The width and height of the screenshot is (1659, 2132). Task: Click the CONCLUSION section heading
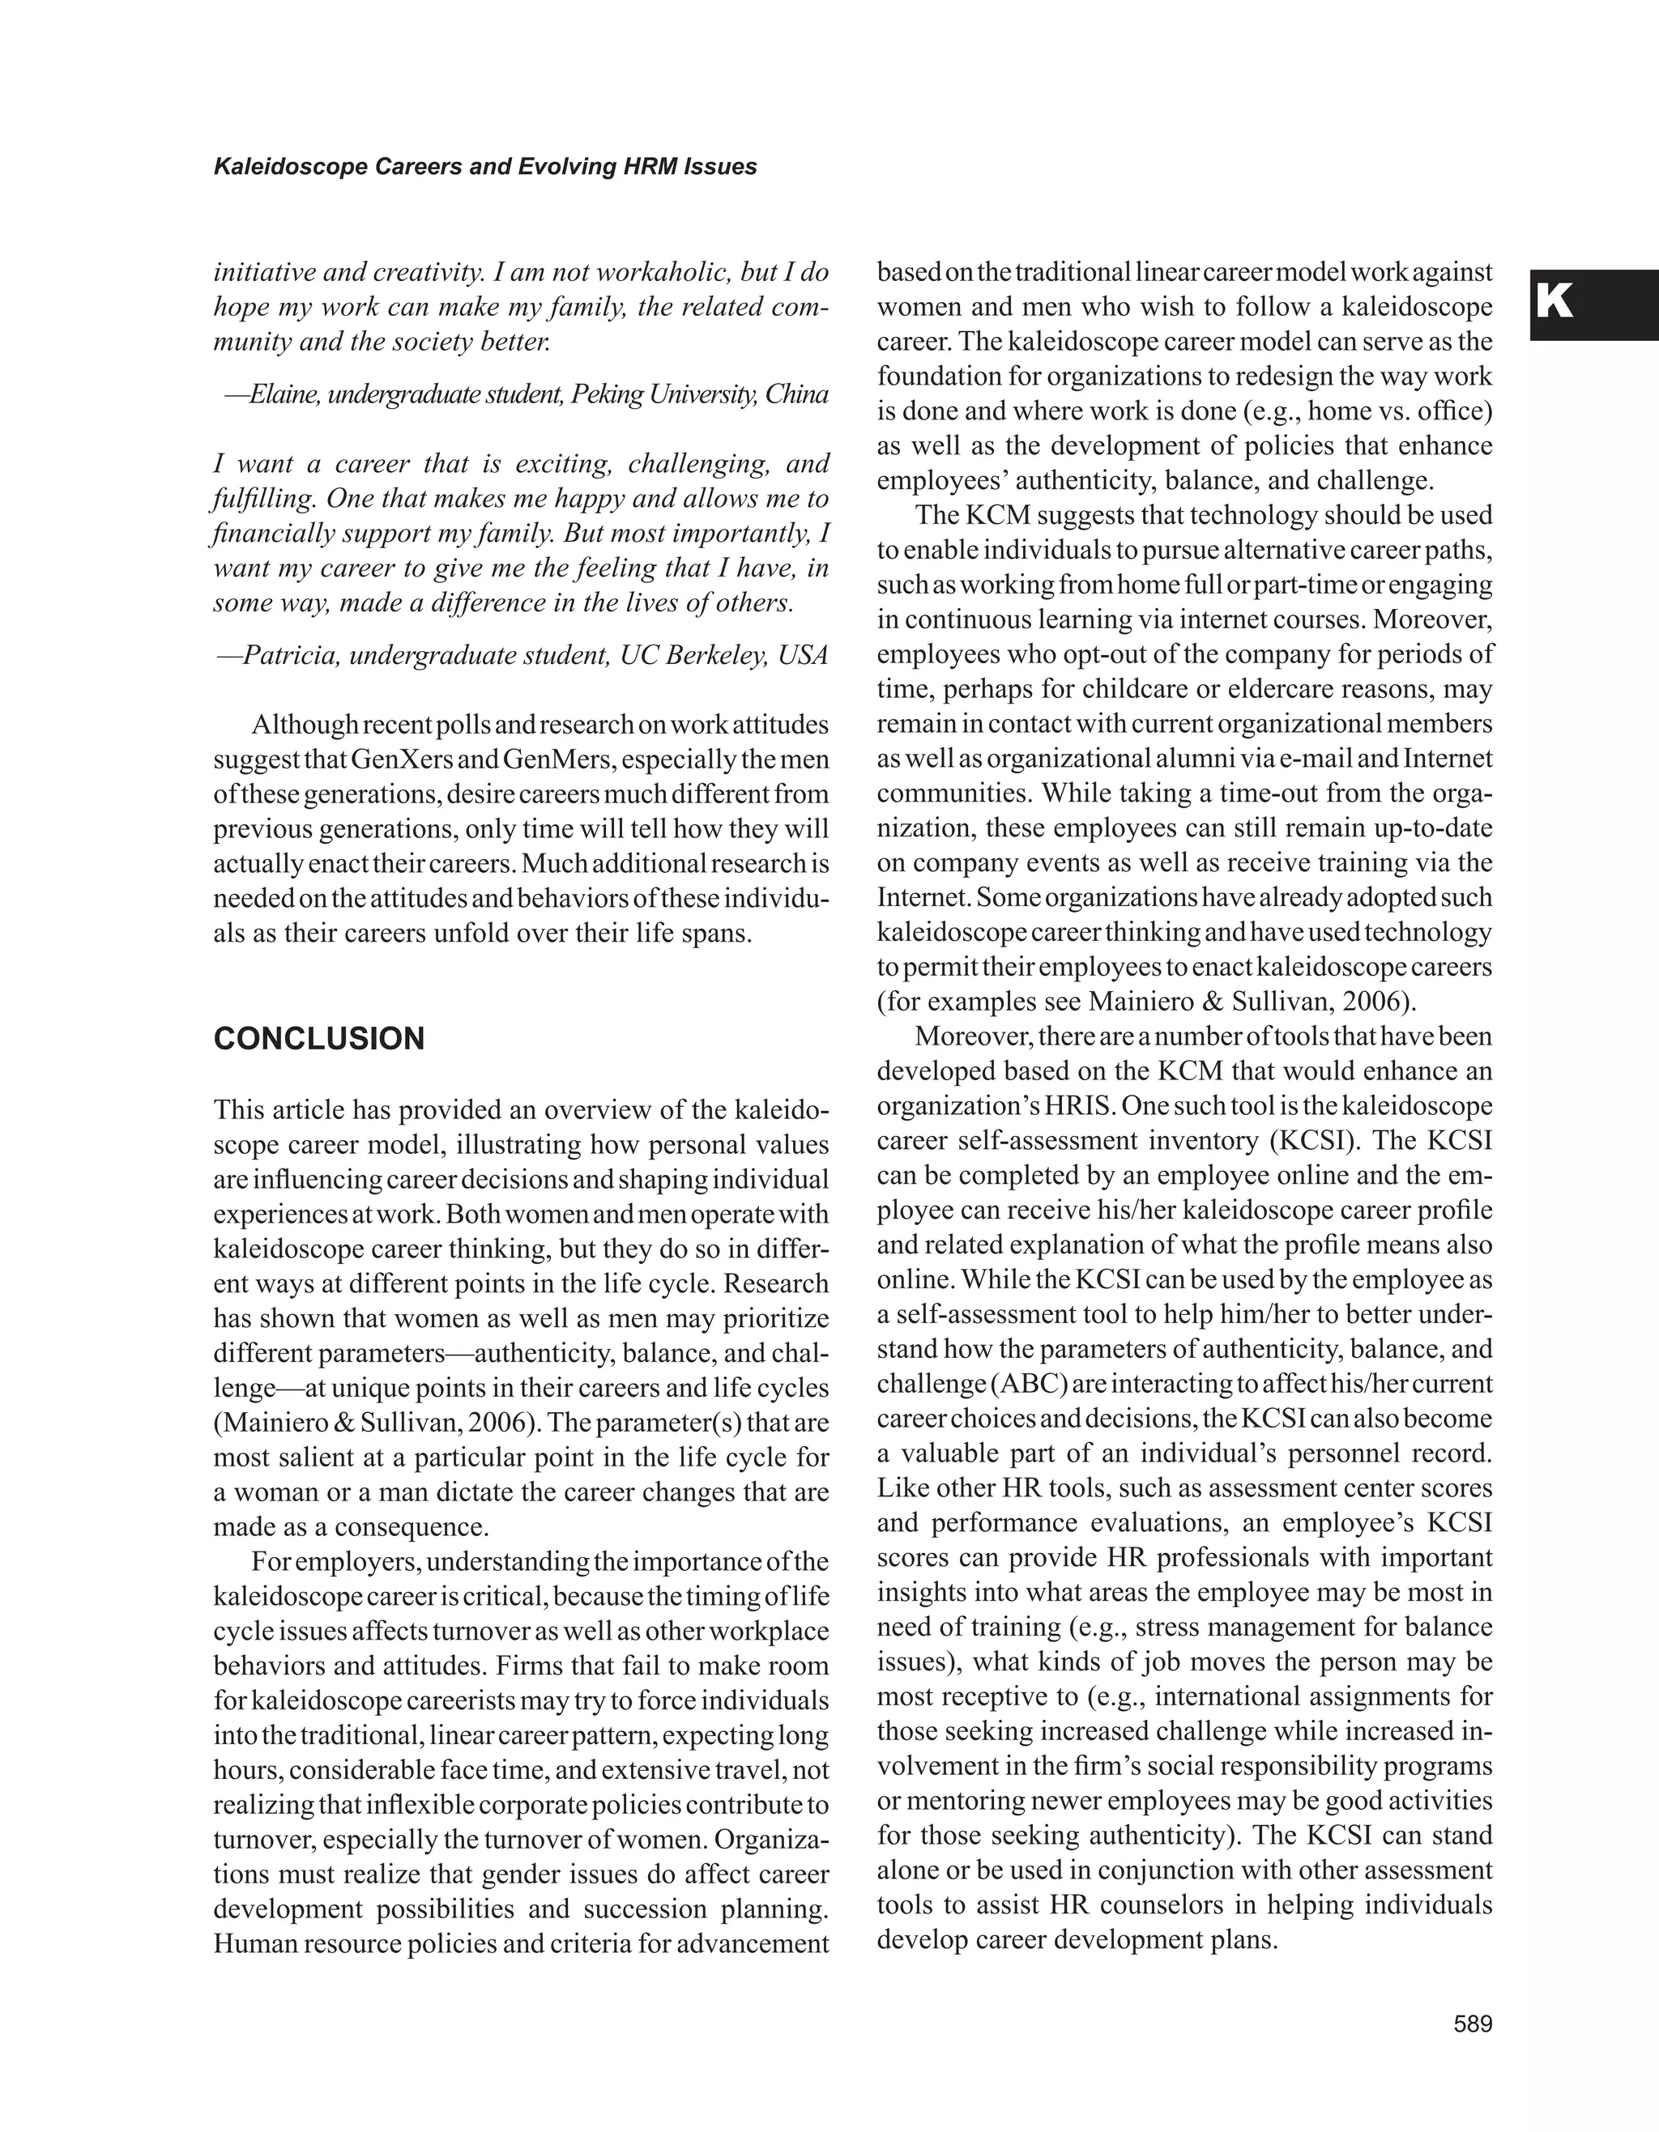(x=318, y=1039)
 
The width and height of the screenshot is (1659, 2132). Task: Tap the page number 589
(x=1473, y=2024)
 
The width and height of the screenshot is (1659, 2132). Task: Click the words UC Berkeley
(x=694, y=654)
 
